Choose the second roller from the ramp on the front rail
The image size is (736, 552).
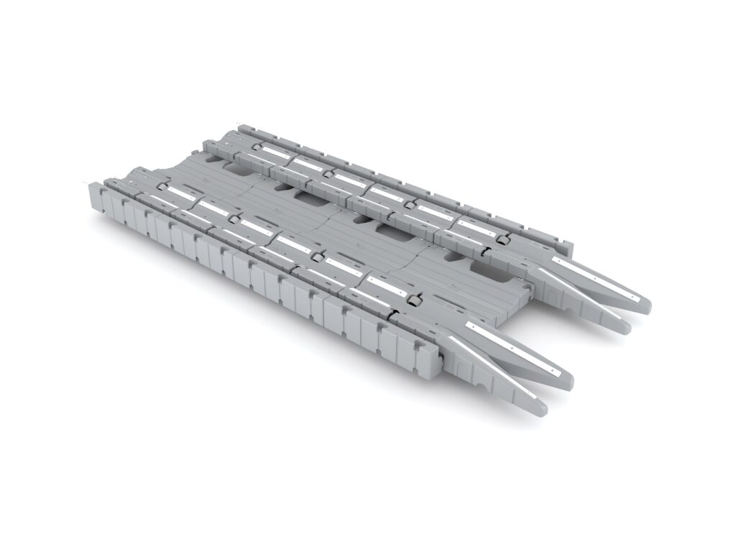click(316, 255)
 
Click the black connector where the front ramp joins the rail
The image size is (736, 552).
click(392, 313)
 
